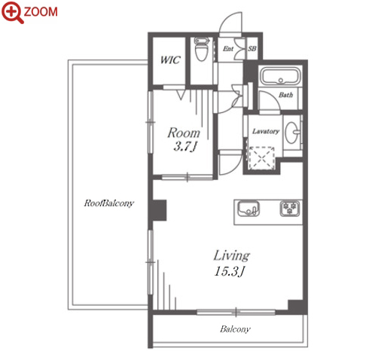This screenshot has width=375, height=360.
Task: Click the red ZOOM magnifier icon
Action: click(x=13, y=12)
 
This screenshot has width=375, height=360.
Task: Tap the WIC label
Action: click(x=170, y=59)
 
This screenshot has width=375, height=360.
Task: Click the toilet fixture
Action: click(x=201, y=49)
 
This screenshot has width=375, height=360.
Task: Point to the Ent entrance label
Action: click(x=228, y=49)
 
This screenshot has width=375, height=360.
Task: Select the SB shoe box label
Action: click(x=252, y=48)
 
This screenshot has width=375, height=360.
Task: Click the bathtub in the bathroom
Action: click(x=280, y=75)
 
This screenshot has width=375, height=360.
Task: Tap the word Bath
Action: click(x=285, y=95)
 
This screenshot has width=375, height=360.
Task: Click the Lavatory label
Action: click(x=266, y=131)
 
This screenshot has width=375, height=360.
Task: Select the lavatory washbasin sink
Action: click(x=292, y=133)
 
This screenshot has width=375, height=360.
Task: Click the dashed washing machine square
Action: click(x=261, y=158)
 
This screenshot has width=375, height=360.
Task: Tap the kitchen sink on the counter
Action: click(x=248, y=209)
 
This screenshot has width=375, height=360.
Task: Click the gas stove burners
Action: click(x=290, y=208)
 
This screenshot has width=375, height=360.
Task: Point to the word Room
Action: click(x=184, y=133)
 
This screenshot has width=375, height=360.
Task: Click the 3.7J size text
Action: click(x=184, y=147)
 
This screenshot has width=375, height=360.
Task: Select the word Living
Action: click(x=231, y=256)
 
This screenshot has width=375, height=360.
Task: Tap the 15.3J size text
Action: click(x=230, y=271)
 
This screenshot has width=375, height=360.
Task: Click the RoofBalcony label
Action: click(x=109, y=203)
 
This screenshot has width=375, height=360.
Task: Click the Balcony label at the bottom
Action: click(x=235, y=329)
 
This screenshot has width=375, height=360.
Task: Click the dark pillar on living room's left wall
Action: click(x=158, y=210)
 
